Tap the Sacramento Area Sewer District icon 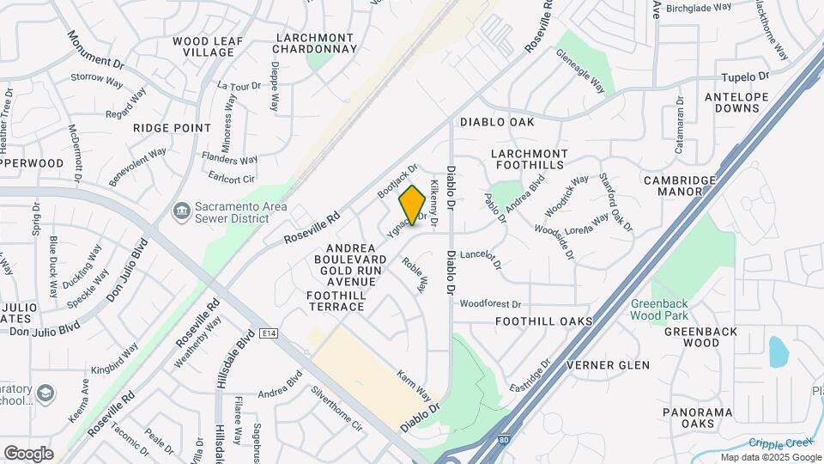[181, 210]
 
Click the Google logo [28, 453]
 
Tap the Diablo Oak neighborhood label [497, 122]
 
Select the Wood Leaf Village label [203, 46]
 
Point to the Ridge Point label [172, 127]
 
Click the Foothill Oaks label [544, 321]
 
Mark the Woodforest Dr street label [490, 304]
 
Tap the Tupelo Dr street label [742, 76]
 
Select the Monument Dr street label [95, 50]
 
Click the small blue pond [779, 351]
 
